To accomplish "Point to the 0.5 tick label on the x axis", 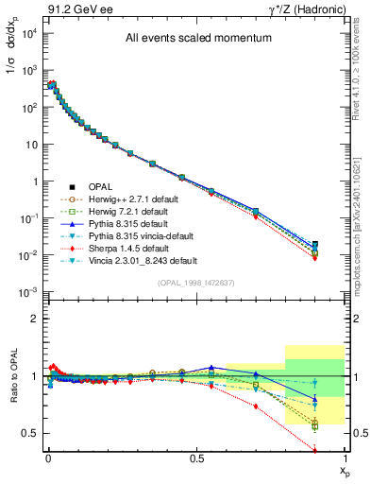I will tap(195, 457).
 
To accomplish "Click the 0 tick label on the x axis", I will tap(48, 457).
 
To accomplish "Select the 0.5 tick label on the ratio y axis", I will tap(29, 433).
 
